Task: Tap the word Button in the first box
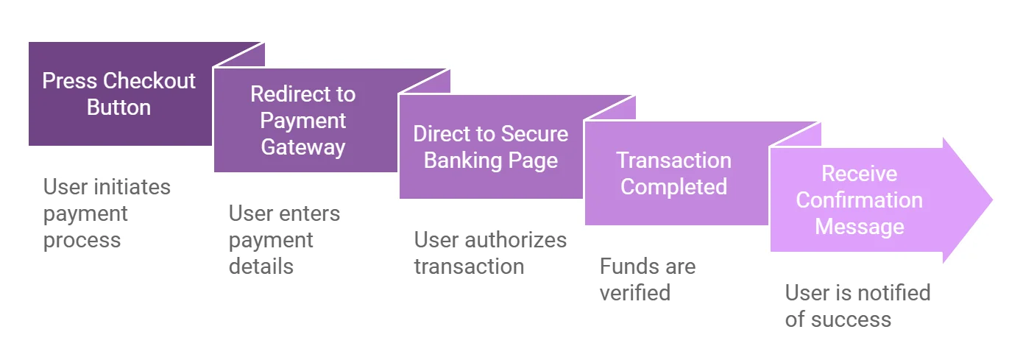tap(118, 107)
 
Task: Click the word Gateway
tap(302, 147)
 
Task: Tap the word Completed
tap(673, 187)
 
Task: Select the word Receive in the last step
tap(859, 174)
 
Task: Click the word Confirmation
tap(859, 200)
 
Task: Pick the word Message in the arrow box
tap(860, 227)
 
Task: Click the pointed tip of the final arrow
tap(992, 200)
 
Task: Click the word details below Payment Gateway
tap(261, 267)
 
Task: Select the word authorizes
tap(516, 240)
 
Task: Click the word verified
tap(635, 293)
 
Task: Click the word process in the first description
tap(82, 241)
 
